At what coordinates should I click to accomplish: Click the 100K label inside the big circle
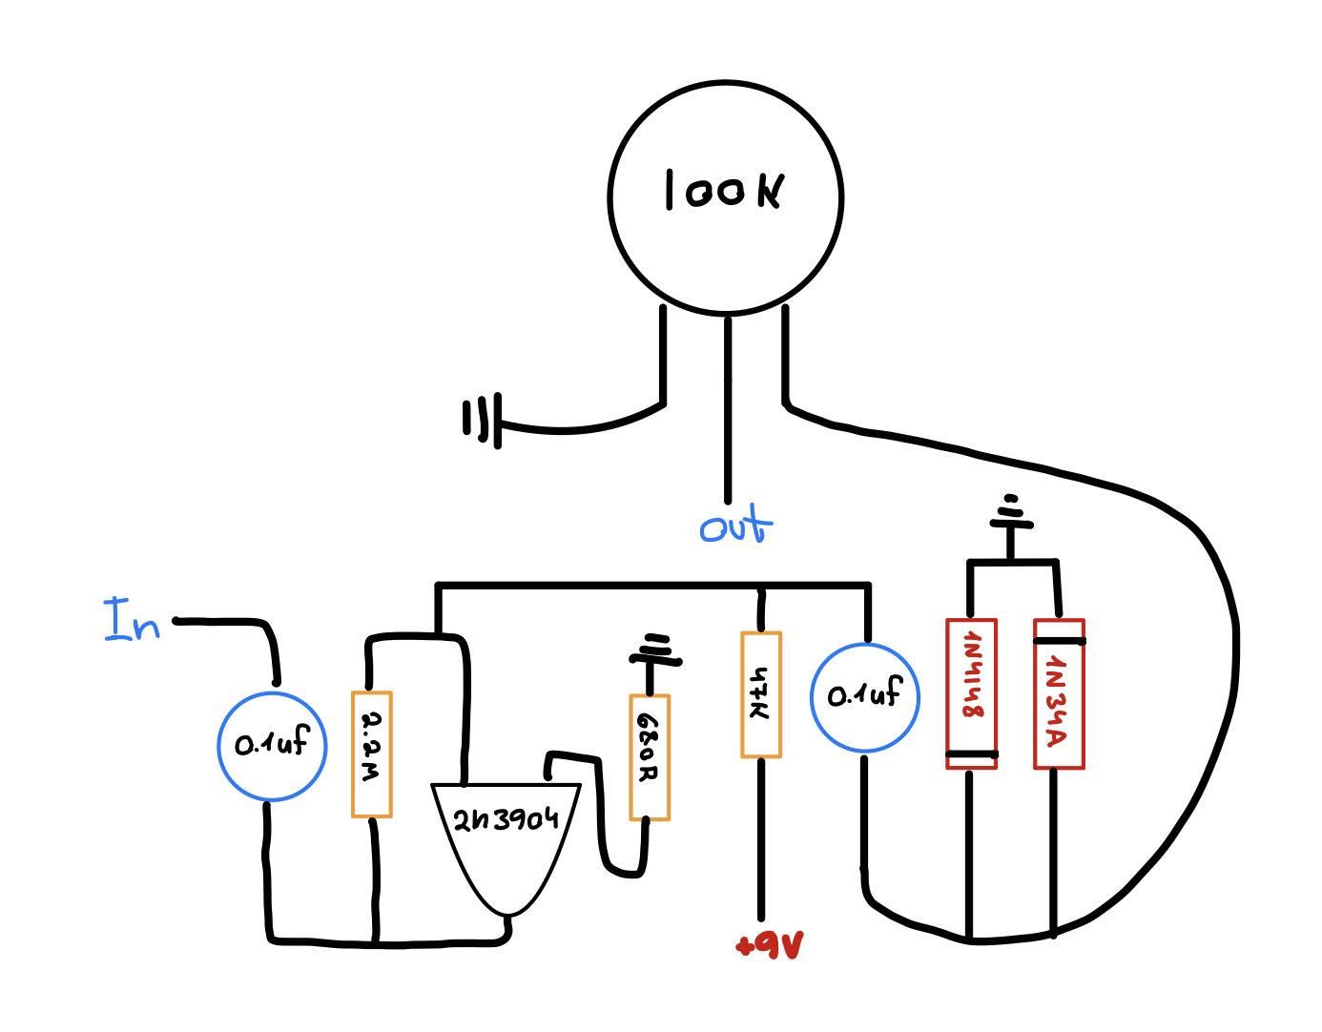(725, 191)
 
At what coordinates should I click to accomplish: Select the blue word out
(734, 526)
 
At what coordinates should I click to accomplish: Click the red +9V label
(770, 945)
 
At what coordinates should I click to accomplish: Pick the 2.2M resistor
(372, 753)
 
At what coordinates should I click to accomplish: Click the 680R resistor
(649, 757)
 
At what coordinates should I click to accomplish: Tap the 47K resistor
(760, 694)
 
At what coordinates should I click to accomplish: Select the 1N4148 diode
(971, 694)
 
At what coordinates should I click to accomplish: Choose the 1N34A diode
(1059, 694)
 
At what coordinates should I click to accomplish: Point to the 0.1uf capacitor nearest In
(272, 745)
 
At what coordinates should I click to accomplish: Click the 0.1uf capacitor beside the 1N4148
(864, 697)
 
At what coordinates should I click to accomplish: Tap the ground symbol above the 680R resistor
(654, 650)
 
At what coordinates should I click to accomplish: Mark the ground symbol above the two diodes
(1011, 515)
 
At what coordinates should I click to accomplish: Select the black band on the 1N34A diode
(1059, 641)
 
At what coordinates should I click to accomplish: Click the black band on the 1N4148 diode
(971, 754)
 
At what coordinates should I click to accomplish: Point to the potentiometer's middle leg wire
(728, 410)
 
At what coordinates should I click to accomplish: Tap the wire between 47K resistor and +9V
(761, 839)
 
